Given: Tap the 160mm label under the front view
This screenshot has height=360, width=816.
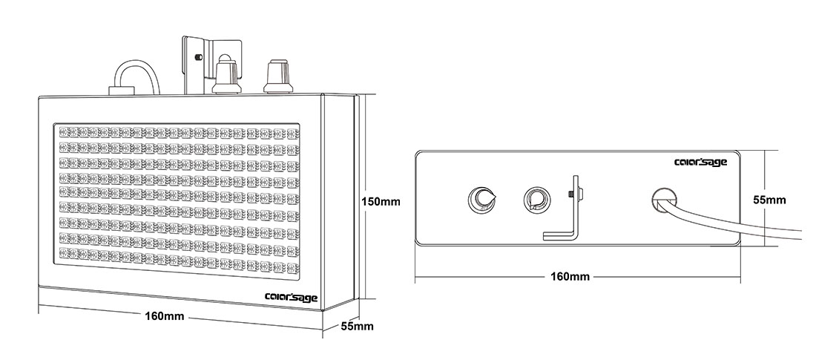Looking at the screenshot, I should click(164, 316).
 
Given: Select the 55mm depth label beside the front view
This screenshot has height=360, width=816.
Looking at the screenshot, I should click(356, 326).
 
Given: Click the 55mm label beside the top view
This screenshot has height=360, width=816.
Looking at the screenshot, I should click(769, 200).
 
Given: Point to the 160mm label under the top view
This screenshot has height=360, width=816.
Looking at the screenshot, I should click(570, 277).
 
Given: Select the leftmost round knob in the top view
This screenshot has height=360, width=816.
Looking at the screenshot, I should click(483, 200).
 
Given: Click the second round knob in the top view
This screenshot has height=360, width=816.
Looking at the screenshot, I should click(536, 199).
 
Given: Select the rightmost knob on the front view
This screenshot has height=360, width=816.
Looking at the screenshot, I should click(276, 75).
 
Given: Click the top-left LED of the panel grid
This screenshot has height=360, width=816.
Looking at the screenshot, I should click(62, 131).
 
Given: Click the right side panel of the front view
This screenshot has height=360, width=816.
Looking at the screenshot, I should click(341, 208).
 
